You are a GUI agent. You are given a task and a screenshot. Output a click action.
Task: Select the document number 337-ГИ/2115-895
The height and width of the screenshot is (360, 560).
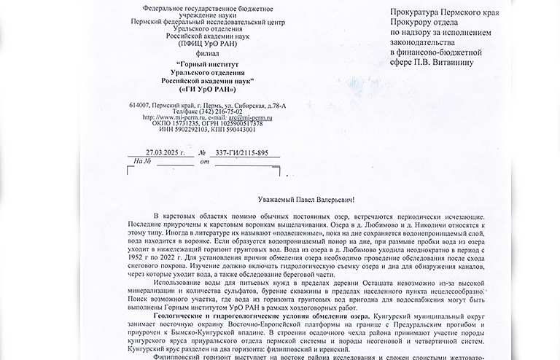click(x=238, y=153)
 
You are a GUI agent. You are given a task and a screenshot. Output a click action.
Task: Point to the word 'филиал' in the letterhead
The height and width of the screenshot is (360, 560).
click(x=192, y=53)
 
